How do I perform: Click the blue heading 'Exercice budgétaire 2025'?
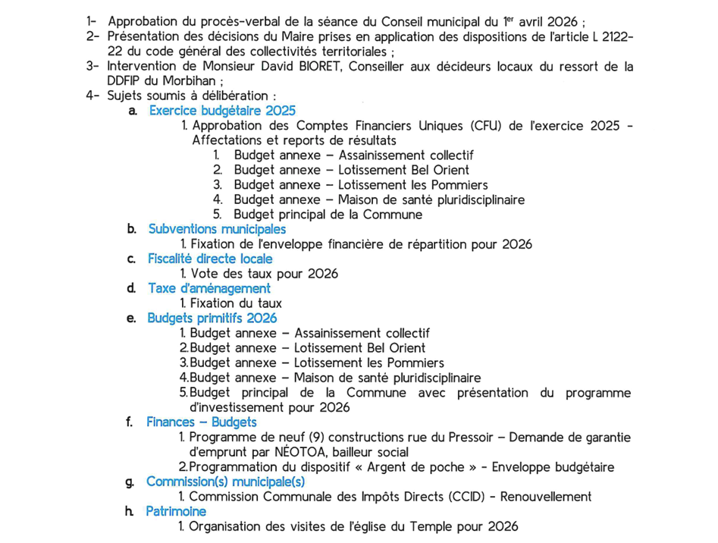click(222, 111)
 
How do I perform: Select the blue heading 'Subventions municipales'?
click(217, 229)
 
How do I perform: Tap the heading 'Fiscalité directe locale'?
click(210, 259)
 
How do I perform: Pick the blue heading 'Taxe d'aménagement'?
click(209, 288)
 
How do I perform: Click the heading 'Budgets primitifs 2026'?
click(212, 318)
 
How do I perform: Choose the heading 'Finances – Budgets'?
click(202, 422)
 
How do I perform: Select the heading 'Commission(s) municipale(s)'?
click(225, 482)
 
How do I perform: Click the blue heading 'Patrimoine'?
click(176, 511)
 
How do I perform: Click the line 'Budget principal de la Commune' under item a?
click(328, 215)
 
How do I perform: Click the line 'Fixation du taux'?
click(236, 303)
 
